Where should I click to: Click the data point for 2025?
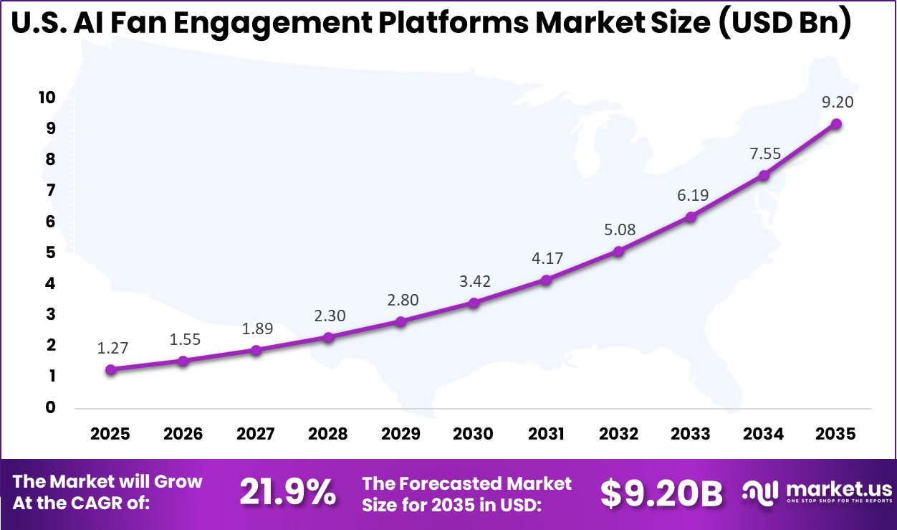click(x=110, y=370)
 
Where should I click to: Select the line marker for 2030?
click(x=474, y=303)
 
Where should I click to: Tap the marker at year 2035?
click(x=836, y=124)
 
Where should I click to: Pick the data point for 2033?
click(x=691, y=217)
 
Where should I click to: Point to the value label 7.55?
click(x=764, y=153)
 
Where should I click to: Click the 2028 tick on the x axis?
click(x=328, y=434)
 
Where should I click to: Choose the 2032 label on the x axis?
click(x=618, y=434)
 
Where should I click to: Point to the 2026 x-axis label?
click(x=183, y=434)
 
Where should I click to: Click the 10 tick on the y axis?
click(x=47, y=98)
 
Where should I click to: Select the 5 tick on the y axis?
click(x=51, y=252)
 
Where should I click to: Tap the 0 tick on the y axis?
click(x=51, y=407)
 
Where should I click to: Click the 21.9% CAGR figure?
click(x=287, y=493)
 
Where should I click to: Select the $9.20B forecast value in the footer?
click(x=661, y=493)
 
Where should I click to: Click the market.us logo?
click(x=817, y=493)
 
